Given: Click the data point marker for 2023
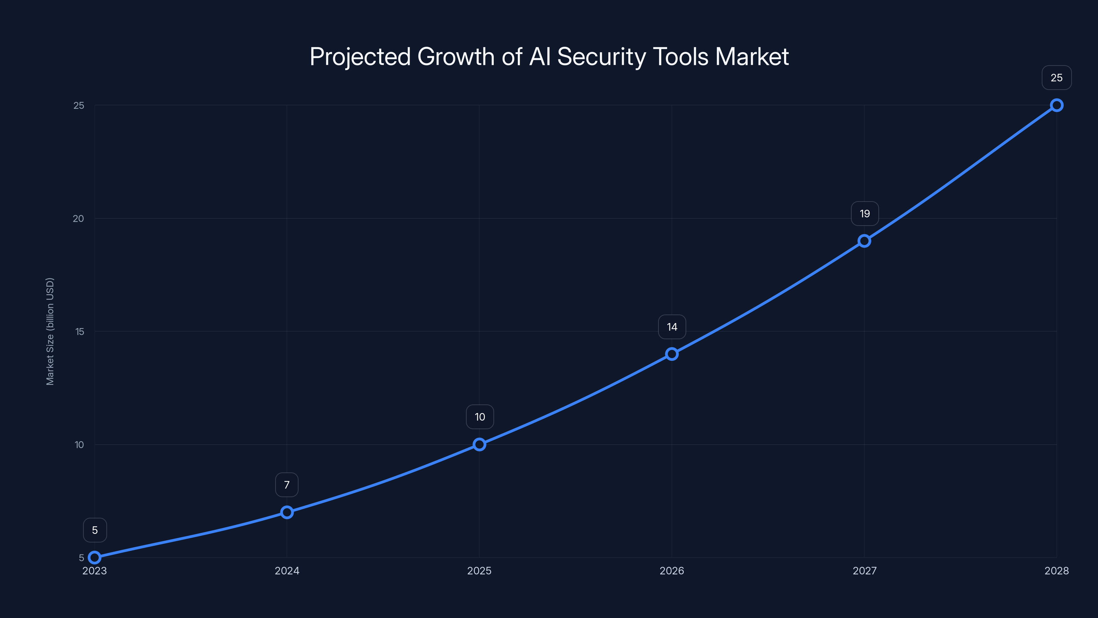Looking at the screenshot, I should point(94,558).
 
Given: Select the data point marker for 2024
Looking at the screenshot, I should point(287,512).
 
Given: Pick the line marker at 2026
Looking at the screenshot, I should point(672,354).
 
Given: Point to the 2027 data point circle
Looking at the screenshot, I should point(864,241).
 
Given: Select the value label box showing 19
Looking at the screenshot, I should point(864,214).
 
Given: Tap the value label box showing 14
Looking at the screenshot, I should point(672,327).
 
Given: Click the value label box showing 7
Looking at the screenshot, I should point(287,485).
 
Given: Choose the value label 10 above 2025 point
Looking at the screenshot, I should point(480,417).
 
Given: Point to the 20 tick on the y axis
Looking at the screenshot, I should point(79,218).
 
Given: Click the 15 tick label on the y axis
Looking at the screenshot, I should point(79,331).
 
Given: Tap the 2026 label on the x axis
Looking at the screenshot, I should point(672,571).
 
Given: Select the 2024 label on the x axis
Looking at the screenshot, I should point(287,571).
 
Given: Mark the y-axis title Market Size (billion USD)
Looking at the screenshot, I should point(50,331).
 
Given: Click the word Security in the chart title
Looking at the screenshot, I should point(601,57).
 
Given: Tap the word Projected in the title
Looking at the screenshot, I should point(360,57).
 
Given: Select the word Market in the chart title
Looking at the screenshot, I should point(752,57).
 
